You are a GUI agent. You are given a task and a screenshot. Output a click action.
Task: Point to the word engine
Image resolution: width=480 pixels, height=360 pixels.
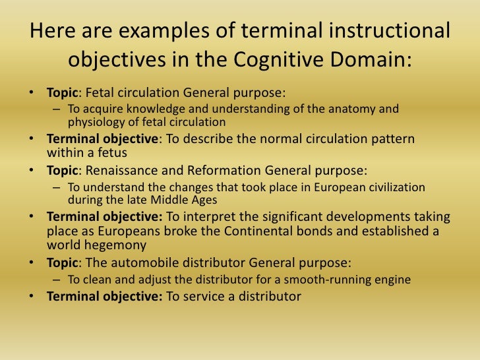[392, 280]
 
